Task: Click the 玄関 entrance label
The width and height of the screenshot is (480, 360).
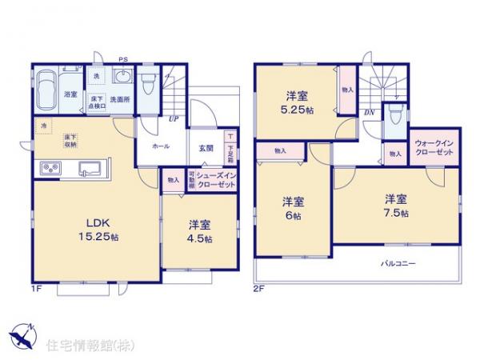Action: [x=205, y=146]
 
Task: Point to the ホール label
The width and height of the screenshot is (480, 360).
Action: [x=159, y=146]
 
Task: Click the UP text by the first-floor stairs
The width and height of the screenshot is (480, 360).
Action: [x=173, y=121]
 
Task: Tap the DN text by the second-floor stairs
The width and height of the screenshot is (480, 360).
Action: [x=369, y=113]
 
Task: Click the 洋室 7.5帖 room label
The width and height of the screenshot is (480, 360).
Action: [x=396, y=206]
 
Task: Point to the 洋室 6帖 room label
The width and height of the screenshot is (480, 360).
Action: [x=291, y=209]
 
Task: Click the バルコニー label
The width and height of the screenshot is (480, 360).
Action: [x=398, y=262]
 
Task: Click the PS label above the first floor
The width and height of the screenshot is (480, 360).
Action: [x=122, y=58]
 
